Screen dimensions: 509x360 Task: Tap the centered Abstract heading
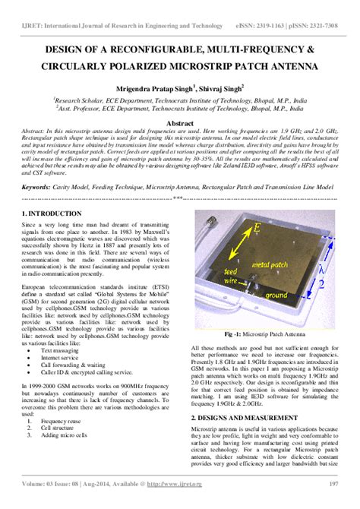point(179,123)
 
